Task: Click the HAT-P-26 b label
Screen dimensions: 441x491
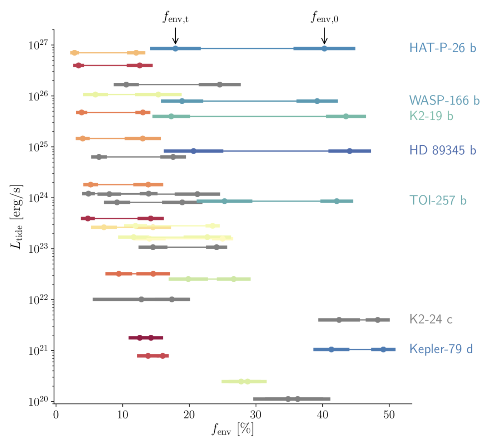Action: point(442,48)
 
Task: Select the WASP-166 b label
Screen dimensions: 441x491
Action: point(444,101)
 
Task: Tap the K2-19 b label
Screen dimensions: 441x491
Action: point(431,116)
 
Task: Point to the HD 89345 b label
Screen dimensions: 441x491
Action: point(442,150)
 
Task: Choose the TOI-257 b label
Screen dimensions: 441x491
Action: point(438,200)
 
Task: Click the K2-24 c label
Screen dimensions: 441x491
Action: point(431,319)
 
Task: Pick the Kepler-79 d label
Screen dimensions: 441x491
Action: point(441,349)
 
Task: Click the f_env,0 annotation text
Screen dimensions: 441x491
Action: point(324,17)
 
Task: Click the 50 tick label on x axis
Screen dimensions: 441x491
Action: point(389,415)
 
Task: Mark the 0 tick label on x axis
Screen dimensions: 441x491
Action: point(56,415)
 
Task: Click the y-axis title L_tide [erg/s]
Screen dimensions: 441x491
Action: point(16,217)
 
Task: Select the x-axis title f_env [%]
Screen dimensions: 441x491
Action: point(233,429)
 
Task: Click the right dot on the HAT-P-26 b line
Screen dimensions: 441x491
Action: point(324,49)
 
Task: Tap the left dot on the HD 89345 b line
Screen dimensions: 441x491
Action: point(194,151)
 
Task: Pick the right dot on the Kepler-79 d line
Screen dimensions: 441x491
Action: point(383,349)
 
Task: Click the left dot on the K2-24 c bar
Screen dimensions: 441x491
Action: point(339,320)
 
